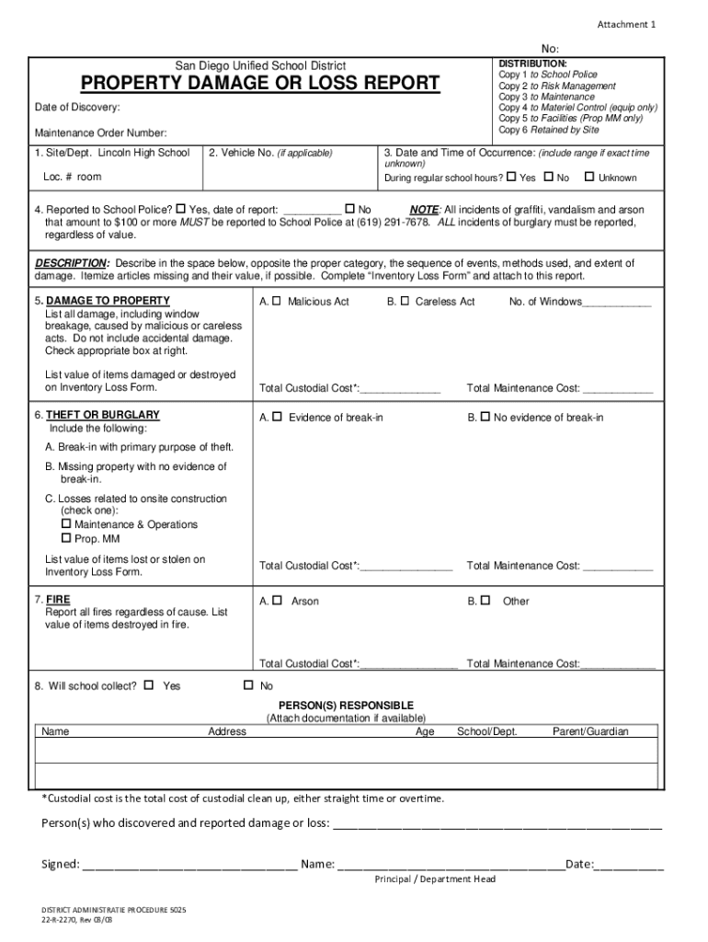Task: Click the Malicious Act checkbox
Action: (x=277, y=302)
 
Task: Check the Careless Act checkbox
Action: (x=405, y=302)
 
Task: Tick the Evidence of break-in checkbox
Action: (x=277, y=418)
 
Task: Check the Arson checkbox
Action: (x=277, y=601)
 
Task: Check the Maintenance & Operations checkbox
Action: (x=66, y=524)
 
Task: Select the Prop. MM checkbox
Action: (x=66, y=538)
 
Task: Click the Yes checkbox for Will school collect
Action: (x=150, y=685)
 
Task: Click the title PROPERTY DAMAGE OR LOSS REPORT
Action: (x=260, y=85)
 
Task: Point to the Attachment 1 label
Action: (x=626, y=25)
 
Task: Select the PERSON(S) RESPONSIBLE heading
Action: (x=346, y=705)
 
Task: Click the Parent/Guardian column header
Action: (x=590, y=731)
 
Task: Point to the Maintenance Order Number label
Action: (x=100, y=133)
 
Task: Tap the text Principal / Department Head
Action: (x=435, y=879)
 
